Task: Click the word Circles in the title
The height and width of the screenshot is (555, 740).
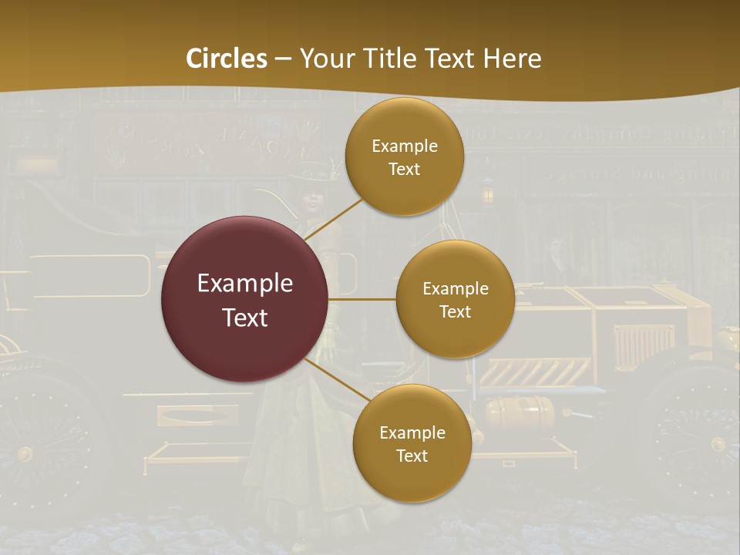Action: click(227, 59)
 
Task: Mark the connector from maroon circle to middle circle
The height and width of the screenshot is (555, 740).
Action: click(362, 299)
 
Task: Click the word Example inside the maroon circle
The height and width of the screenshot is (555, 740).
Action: click(245, 284)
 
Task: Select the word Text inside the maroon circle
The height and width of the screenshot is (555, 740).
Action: click(245, 318)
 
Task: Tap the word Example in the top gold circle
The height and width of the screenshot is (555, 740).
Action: click(404, 146)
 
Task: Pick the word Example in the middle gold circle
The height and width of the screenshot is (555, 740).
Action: click(455, 289)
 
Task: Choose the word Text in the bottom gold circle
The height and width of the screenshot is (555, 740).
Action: click(412, 456)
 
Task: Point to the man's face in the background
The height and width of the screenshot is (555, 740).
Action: click(557, 250)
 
